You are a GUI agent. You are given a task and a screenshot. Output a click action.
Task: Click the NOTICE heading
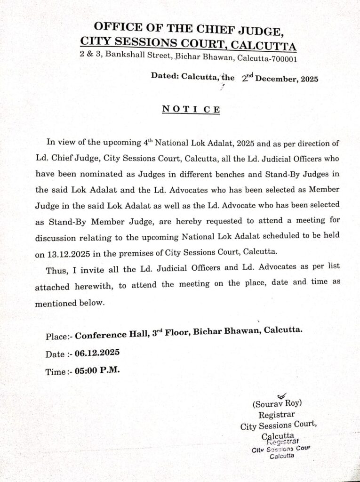(x=191, y=109)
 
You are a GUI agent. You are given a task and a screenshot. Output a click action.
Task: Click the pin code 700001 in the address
(x=283, y=59)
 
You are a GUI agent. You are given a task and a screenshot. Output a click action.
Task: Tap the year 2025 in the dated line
(x=308, y=79)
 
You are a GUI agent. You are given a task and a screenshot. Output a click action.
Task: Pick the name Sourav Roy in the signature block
(x=277, y=403)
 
